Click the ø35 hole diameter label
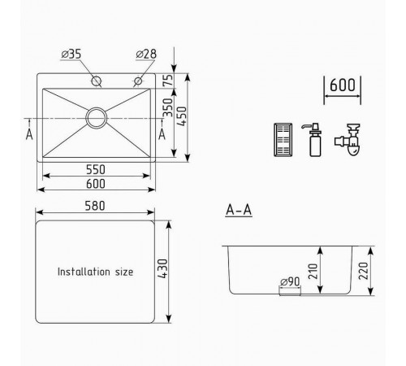pos(71,54)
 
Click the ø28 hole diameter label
pos(146,54)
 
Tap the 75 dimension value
pos(168,81)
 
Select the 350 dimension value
pos(168,107)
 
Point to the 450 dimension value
pos(182,116)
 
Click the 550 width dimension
pos(96,170)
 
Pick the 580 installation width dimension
pos(95,206)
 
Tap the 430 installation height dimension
pos(163,268)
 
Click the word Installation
pos(84,272)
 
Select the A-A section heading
pos(239,210)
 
